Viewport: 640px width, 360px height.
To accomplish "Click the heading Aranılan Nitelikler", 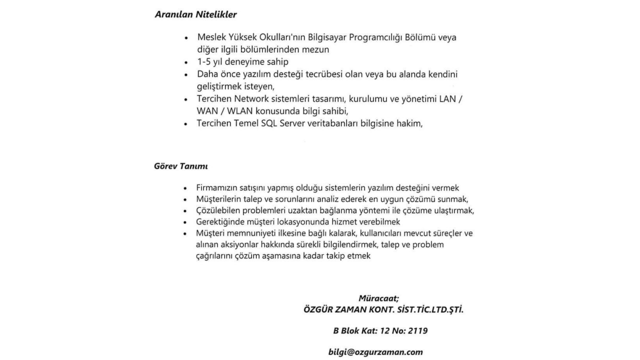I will pyautogui.click(x=195, y=14).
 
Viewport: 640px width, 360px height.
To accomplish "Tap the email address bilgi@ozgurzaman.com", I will pyautogui.click(x=375, y=352).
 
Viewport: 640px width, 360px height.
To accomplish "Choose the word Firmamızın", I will pyautogui.click(x=215, y=188).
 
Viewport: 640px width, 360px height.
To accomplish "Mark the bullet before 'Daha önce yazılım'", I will pyautogui.click(x=186, y=75).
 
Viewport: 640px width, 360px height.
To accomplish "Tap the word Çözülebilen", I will pyautogui.click(x=218, y=210).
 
